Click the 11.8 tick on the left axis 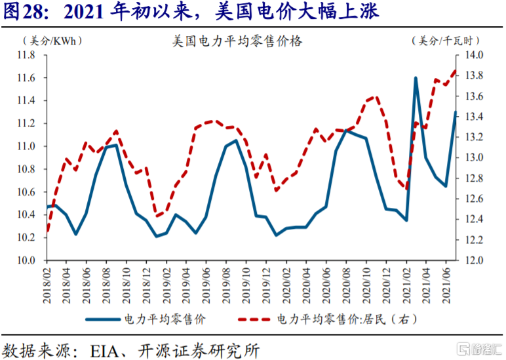(x=25, y=56)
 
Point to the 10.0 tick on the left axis (x=25, y=260)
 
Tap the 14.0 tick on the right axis (x=475, y=56)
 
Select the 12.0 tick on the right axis (x=475, y=260)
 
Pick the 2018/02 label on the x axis (x=49, y=283)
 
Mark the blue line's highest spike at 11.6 (x=416, y=78)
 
